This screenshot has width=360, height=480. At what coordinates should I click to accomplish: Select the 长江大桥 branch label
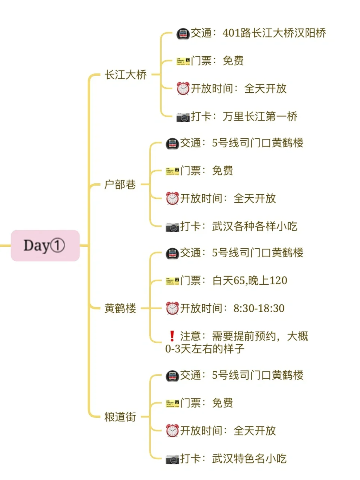tap(126, 75)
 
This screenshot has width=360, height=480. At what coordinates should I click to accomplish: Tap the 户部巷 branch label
tap(120, 184)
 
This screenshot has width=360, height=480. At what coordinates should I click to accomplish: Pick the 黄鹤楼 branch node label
tap(120, 308)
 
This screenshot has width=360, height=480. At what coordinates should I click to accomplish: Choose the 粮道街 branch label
tap(120, 417)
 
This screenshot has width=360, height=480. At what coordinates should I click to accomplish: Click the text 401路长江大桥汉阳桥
tap(274, 33)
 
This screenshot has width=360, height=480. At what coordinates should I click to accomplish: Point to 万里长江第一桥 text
tap(260, 116)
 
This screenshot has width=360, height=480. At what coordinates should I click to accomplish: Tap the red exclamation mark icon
tap(172, 336)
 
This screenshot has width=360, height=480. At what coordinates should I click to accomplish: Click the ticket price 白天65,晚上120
tap(249, 280)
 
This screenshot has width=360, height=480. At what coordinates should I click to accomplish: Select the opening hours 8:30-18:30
tap(259, 308)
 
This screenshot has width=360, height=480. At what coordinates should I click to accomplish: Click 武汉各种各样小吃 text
tap(254, 226)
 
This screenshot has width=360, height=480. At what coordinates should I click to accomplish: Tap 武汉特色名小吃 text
tap(249, 458)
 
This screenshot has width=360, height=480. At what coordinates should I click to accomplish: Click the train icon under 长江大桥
tap(183, 34)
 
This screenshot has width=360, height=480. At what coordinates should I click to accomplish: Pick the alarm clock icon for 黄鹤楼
tap(172, 308)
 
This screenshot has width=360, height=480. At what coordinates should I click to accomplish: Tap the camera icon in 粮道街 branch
tap(172, 459)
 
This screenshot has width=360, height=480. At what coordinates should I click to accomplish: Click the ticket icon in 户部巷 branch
tap(172, 171)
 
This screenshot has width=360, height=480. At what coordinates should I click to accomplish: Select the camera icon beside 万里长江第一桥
tap(183, 117)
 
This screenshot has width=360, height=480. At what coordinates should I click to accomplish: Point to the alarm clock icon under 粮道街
tap(172, 430)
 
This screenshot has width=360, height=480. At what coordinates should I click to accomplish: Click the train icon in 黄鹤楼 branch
tap(172, 253)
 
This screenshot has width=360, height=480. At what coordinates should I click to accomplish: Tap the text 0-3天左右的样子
tap(205, 349)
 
